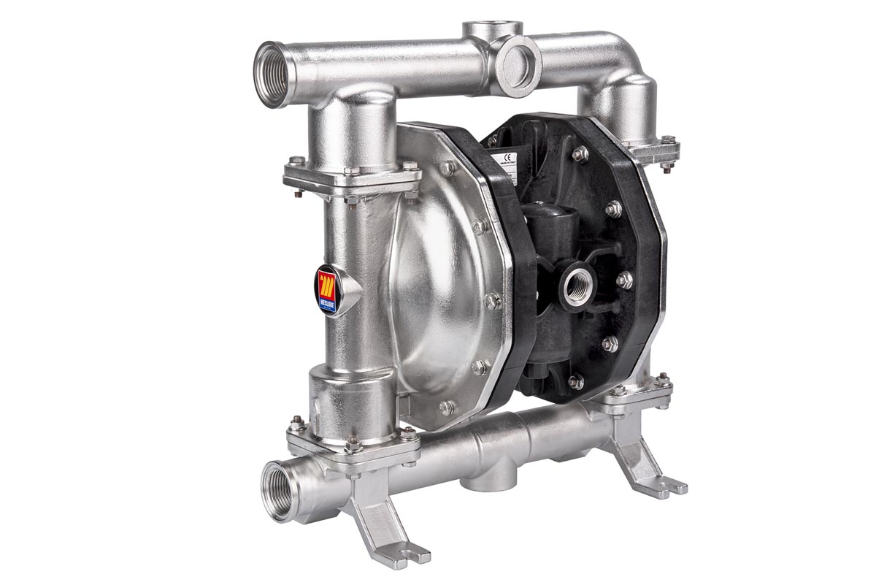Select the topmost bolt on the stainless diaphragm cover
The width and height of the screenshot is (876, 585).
pyautogui.click(x=447, y=168)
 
